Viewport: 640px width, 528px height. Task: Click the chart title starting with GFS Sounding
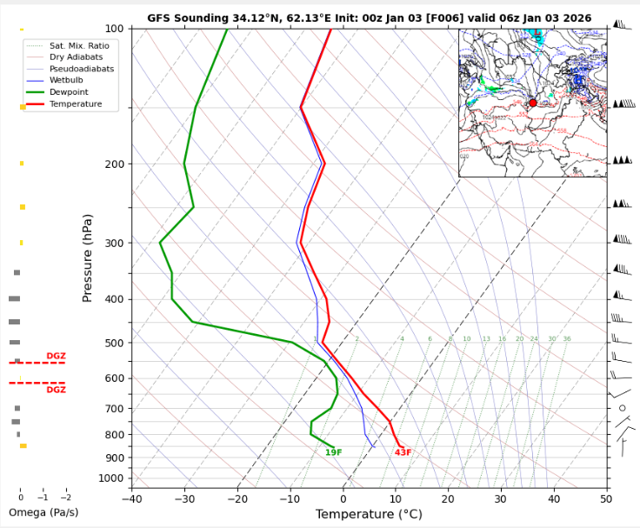point(369,17)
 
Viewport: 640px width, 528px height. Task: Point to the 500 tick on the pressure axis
point(115,343)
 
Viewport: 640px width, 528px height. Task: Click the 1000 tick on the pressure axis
point(111,478)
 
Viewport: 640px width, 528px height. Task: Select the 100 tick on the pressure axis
point(115,29)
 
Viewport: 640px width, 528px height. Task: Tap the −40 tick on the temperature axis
point(131,498)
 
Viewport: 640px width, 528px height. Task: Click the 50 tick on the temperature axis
point(606,498)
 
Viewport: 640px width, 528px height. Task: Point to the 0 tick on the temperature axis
point(343,498)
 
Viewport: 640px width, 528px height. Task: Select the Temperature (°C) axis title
point(369,514)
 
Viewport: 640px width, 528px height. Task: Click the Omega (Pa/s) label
point(43,512)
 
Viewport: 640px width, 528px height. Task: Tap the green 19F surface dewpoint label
point(333,453)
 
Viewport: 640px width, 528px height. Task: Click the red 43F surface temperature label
point(403,453)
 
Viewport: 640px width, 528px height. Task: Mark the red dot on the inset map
point(533,103)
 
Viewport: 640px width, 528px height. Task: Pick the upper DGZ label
point(56,356)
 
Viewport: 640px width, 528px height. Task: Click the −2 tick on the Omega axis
point(65,498)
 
